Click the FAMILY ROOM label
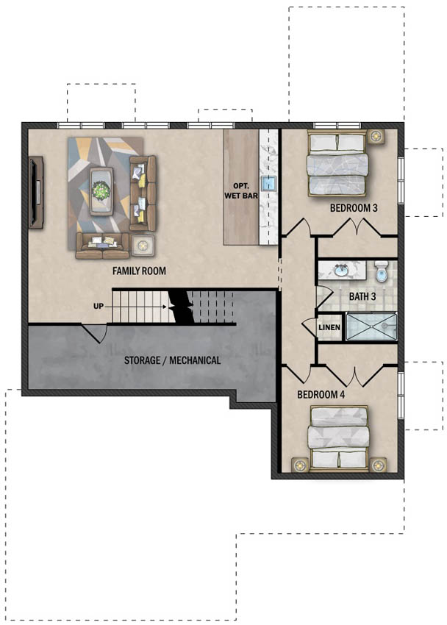click(139, 271)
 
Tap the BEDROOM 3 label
click(354, 207)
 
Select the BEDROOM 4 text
click(321, 395)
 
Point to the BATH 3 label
click(362, 296)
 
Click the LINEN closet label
click(329, 327)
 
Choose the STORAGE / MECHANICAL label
click(173, 360)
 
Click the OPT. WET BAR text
click(241, 191)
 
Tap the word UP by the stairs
click(99, 306)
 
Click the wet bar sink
click(269, 183)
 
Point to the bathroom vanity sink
click(340, 271)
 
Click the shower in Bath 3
click(371, 326)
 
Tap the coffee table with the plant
click(101, 191)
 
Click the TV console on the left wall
click(36, 193)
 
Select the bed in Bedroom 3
click(337, 163)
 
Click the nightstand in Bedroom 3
click(376, 136)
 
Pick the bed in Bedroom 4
click(339, 438)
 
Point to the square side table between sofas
click(143, 246)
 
